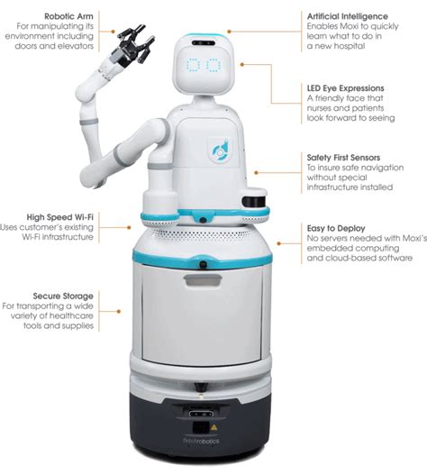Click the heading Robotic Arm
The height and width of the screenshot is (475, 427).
pyautogui.click(x=68, y=16)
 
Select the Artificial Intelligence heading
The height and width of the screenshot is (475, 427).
pyautogui.click(x=348, y=16)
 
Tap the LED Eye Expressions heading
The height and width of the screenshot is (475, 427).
pyautogui.click(x=346, y=88)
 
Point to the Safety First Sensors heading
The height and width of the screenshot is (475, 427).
pyautogui.click(x=343, y=158)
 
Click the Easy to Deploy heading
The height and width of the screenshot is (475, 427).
pyautogui.click(x=336, y=228)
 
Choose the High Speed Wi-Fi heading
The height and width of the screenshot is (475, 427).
pyautogui.click(x=60, y=217)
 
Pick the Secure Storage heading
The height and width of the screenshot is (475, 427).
pyautogui.click(x=63, y=296)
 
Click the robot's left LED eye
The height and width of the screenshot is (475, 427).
pyautogui.click(x=193, y=65)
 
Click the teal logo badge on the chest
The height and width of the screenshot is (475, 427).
pyautogui.click(x=220, y=151)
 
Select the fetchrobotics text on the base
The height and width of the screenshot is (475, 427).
pyautogui.click(x=201, y=441)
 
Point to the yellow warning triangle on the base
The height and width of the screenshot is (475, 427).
pyautogui.click(x=214, y=427)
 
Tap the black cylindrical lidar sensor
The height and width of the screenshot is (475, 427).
pyautogui.click(x=254, y=202)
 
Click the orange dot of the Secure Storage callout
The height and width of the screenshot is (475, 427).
pyautogui.click(x=119, y=311)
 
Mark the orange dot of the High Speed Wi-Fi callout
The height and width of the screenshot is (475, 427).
pyautogui.click(x=129, y=227)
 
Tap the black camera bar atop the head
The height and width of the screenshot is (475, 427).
pyautogui.click(x=204, y=43)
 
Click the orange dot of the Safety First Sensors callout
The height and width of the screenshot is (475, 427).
pyautogui.click(x=256, y=172)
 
